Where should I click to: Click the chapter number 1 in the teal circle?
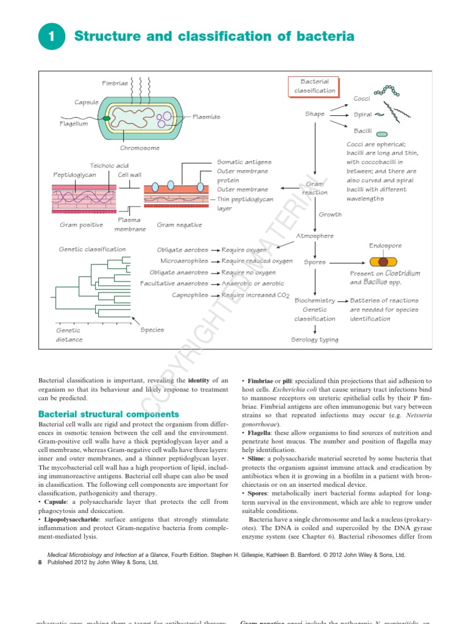[52, 37]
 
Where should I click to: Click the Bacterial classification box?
[314, 86]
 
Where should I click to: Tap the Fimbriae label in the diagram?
[115, 83]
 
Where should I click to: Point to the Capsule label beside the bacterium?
[87, 102]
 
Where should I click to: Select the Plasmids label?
[207, 116]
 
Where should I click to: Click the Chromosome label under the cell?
[140, 147]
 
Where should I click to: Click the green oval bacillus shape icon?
[381, 132]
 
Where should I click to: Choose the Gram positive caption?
[81, 225]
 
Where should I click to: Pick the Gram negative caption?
[179, 225]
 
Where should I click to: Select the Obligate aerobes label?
[182, 250]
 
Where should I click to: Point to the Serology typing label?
[314, 339]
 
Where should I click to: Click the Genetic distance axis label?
[69, 335]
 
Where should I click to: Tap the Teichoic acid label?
[109, 165]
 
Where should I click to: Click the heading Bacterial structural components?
[108, 414]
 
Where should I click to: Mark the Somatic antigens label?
[244, 162]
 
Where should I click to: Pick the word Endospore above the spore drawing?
[385, 246]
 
